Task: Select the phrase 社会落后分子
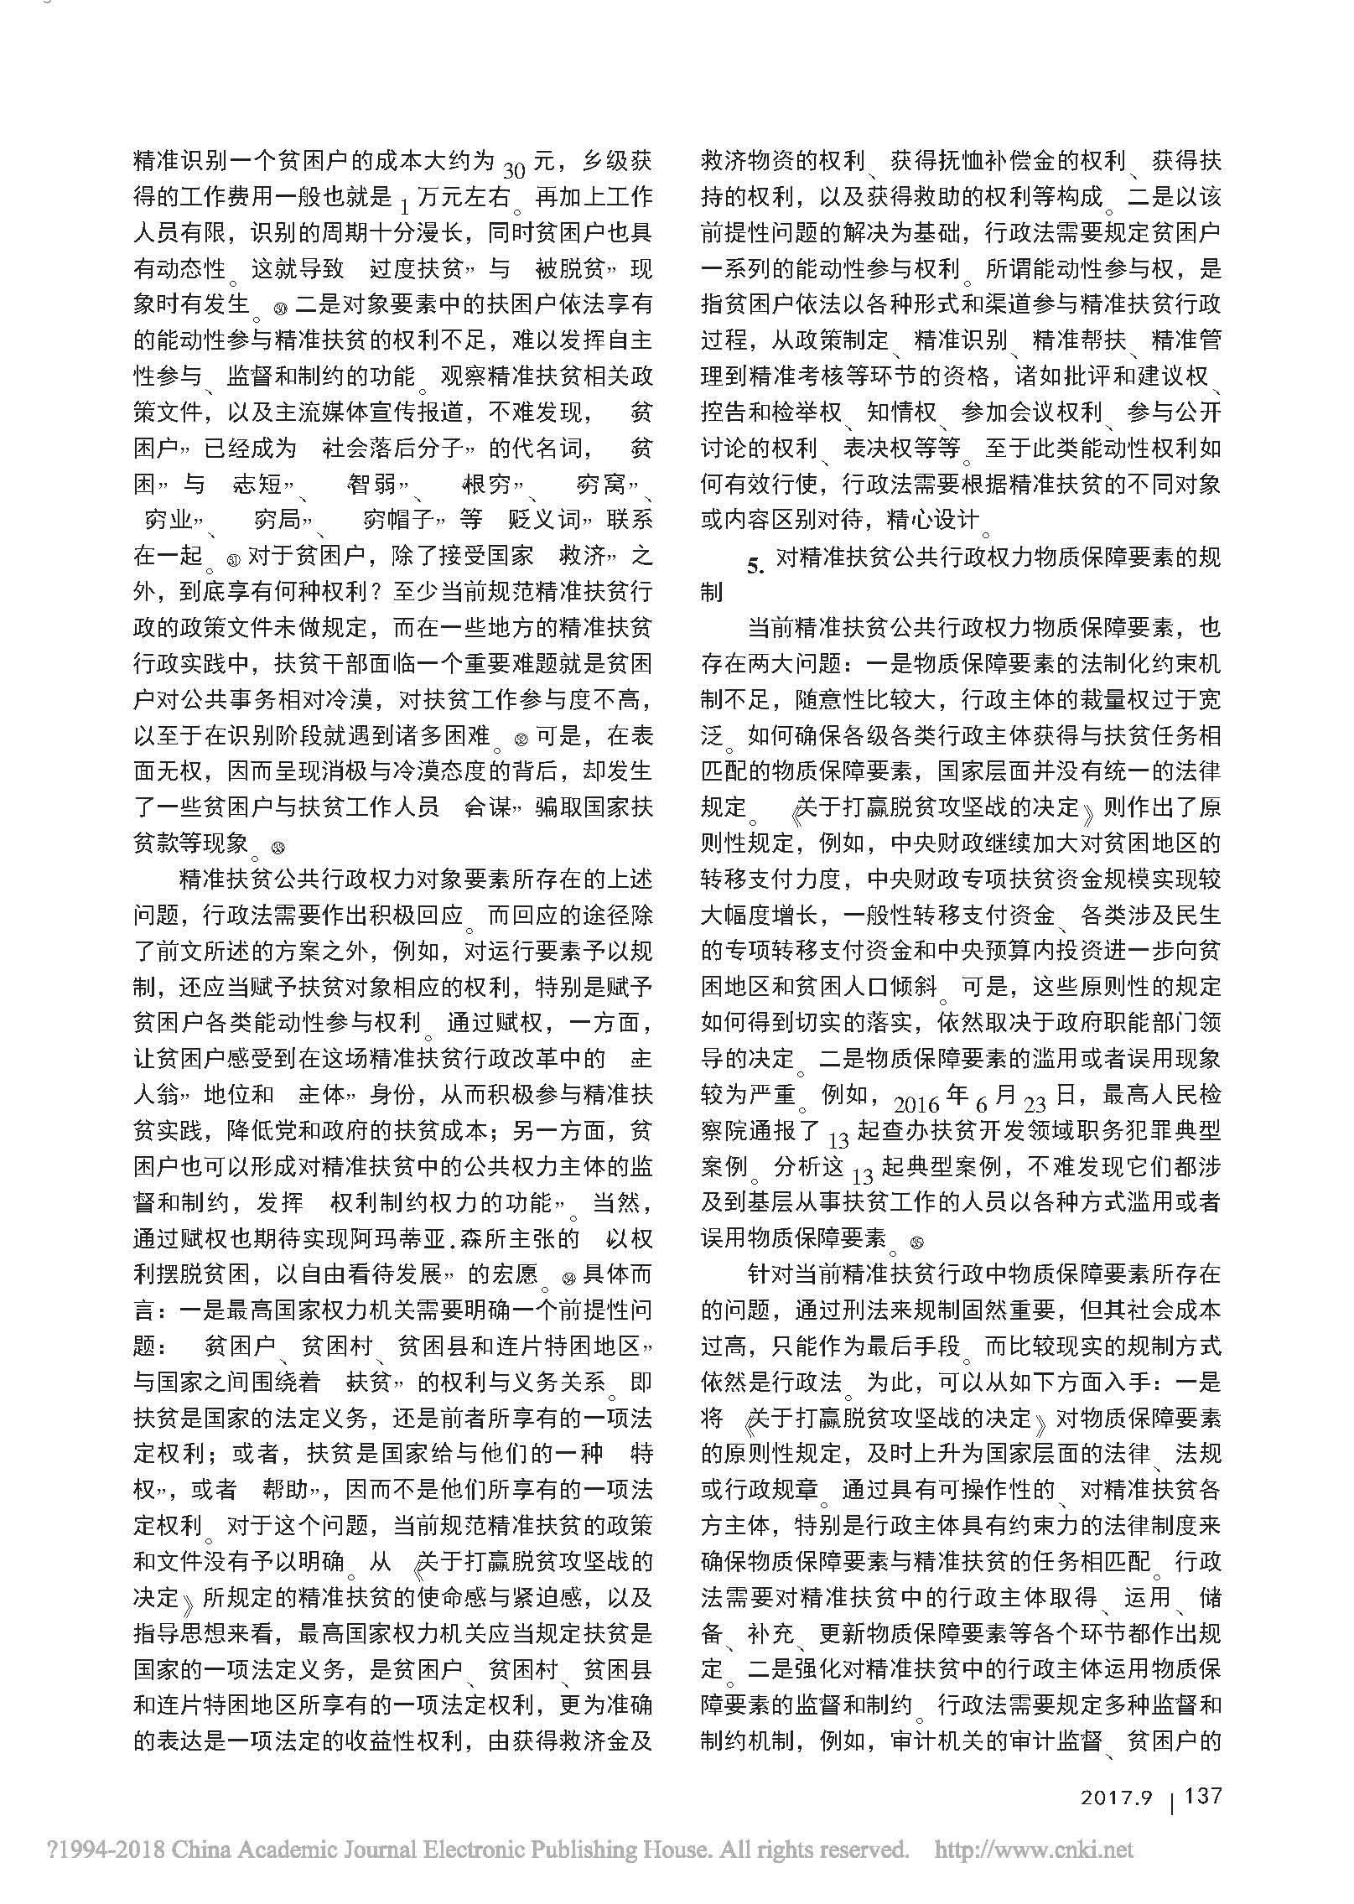click(394, 449)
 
